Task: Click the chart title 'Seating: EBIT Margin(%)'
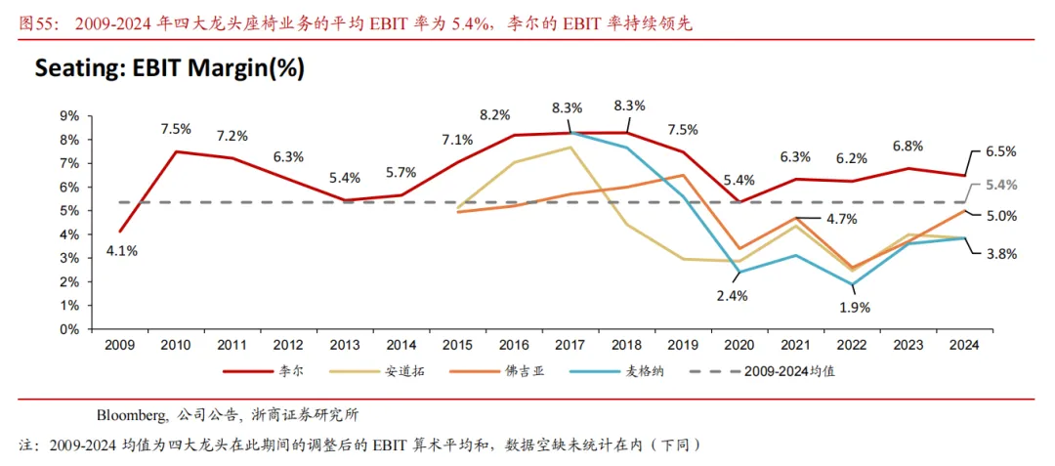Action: click(x=169, y=68)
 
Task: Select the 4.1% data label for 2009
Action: click(x=121, y=250)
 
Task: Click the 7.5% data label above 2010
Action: click(x=176, y=129)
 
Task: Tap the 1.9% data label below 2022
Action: click(x=854, y=306)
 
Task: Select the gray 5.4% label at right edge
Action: click(x=1000, y=185)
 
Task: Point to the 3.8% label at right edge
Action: click(x=1000, y=253)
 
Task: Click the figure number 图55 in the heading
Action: click(x=36, y=23)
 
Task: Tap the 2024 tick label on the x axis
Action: click(x=964, y=345)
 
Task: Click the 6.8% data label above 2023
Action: click(x=907, y=147)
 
